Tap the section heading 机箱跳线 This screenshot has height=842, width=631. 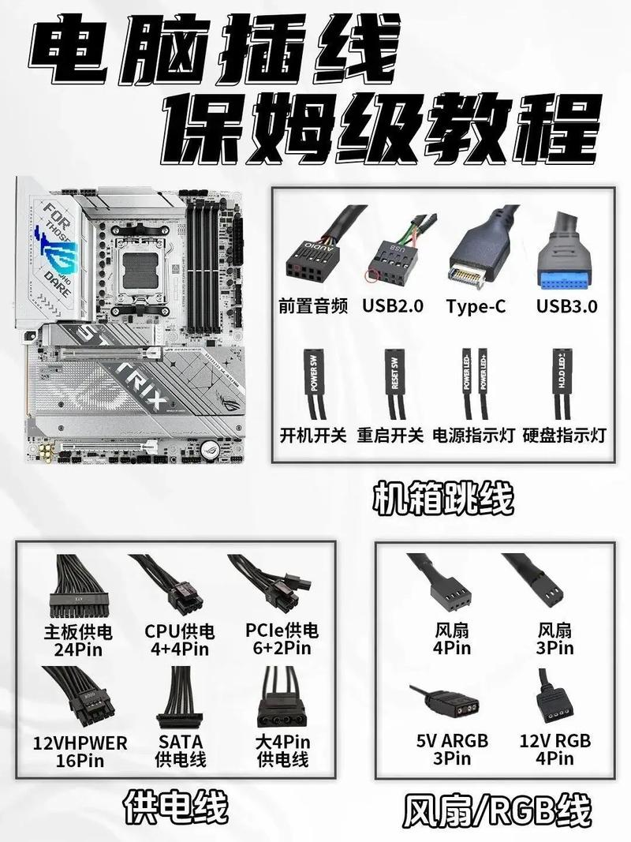click(x=442, y=498)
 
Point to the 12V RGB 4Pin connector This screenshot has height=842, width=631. click(x=554, y=702)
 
